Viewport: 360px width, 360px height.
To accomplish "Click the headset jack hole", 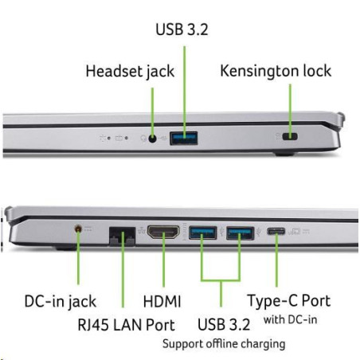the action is tap(152, 139).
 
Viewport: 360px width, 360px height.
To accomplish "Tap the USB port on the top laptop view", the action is tap(184, 139).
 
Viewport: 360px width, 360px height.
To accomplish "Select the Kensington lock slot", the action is tap(290, 137).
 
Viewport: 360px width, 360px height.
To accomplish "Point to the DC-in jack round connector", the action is tap(78, 229).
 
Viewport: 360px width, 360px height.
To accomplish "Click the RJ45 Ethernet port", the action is tap(122, 237).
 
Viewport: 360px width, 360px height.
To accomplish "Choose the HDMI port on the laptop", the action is tap(163, 233).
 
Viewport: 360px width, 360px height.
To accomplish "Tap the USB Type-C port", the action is tap(276, 232).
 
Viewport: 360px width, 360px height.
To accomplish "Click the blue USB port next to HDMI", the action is tap(202, 233).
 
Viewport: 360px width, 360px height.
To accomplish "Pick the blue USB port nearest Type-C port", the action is tap(241, 233).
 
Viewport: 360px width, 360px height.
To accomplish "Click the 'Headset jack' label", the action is tap(130, 72).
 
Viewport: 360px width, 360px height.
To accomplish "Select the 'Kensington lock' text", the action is tap(276, 71).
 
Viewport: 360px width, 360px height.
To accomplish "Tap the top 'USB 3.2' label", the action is tap(182, 29).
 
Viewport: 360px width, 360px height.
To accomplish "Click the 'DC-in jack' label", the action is tap(61, 302).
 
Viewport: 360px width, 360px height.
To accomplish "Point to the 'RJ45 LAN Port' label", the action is tap(126, 325).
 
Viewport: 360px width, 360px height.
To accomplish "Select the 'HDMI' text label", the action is tap(162, 302).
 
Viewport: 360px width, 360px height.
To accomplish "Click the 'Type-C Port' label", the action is tap(289, 301).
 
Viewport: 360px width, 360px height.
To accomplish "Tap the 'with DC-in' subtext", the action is tap(291, 319).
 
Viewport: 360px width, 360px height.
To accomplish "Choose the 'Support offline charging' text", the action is tap(224, 344).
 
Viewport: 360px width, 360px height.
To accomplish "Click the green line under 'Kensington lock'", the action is tap(290, 111).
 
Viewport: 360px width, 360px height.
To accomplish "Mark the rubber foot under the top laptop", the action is tap(284, 154).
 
